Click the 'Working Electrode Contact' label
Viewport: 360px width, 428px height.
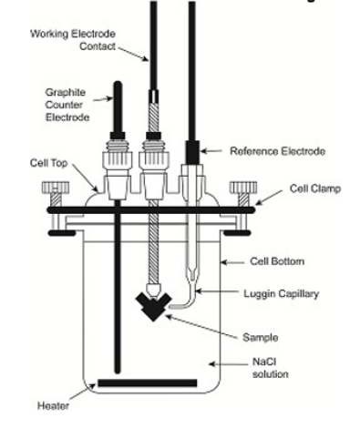[73, 39]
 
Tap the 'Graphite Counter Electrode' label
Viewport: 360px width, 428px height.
[67, 105]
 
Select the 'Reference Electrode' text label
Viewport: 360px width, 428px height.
[277, 151]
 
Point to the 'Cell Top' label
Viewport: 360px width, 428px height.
[48, 163]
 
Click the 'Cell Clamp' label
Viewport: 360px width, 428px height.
[315, 189]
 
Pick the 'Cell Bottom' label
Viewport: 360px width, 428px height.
[277, 261]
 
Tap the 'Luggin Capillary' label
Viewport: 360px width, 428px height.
[282, 294]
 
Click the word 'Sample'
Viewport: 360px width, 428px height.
[261, 337]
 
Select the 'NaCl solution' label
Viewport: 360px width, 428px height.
[271, 368]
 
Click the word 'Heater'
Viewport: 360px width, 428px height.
[53, 405]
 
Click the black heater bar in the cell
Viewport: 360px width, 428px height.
[148, 382]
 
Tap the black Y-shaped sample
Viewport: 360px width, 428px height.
[153, 307]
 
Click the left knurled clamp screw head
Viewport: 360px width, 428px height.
[56, 188]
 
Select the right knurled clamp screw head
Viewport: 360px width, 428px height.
[243, 188]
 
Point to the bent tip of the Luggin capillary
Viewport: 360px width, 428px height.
[170, 307]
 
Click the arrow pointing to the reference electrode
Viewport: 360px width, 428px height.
[211, 151]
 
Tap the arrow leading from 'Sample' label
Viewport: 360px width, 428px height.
[202, 327]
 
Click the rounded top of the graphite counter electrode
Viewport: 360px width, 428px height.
[118, 85]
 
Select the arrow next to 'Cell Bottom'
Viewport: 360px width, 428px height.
[232, 262]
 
